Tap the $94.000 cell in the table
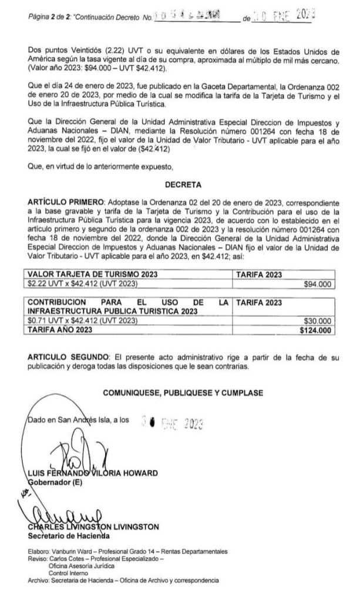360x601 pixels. tap(319, 284)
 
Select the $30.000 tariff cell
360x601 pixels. tap(319, 321)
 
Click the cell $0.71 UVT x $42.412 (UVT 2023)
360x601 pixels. tap(83, 321)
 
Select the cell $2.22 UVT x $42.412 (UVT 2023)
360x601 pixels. tap(83, 284)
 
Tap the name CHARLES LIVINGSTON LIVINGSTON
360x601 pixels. tap(93, 526)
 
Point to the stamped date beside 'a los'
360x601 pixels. tap(171, 420)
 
